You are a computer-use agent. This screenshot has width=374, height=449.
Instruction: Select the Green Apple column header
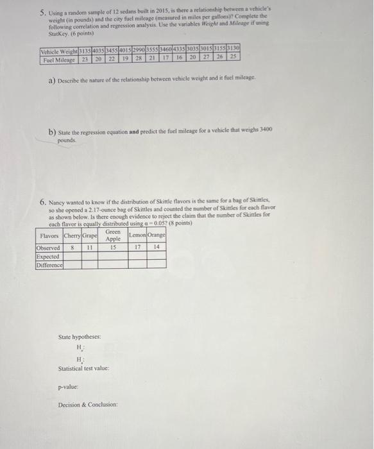click(x=114, y=236)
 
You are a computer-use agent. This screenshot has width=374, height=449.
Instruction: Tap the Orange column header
click(x=156, y=237)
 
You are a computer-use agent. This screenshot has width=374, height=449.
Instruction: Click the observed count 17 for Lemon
click(x=137, y=247)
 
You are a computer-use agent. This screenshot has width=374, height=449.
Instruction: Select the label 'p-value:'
click(x=69, y=387)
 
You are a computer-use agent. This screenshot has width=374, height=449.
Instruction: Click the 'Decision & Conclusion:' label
click(x=88, y=405)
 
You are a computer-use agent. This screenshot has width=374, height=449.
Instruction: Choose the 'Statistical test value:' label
click(x=83, y=368)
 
